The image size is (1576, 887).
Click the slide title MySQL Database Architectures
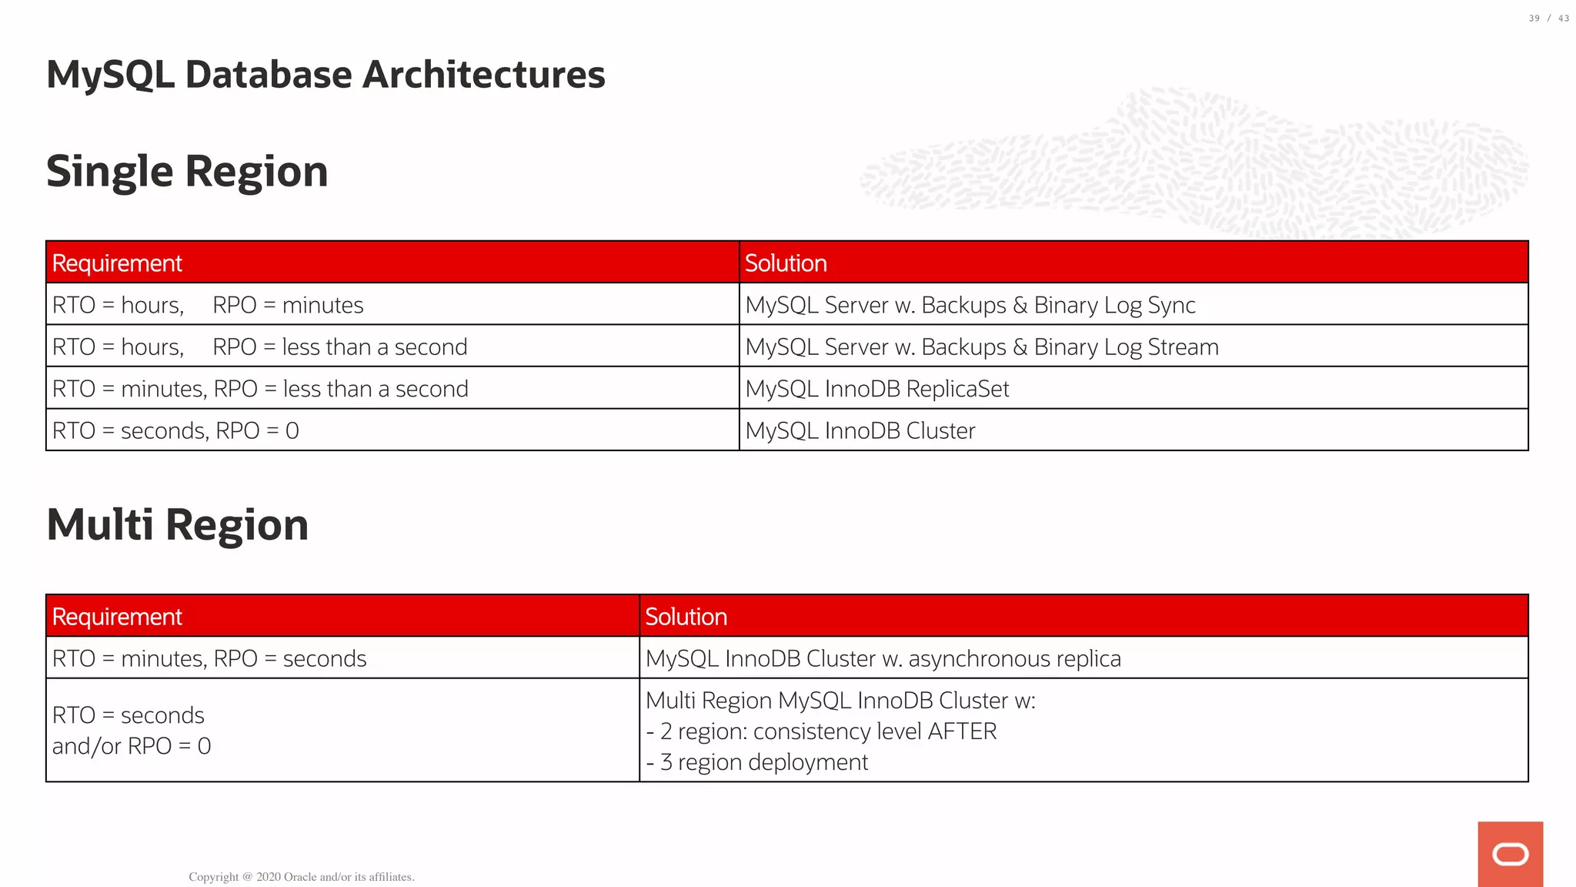326,75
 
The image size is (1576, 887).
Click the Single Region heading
187,171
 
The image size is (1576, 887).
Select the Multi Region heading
177,524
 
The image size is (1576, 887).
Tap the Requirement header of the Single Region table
117,263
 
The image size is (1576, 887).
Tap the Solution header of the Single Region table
786,263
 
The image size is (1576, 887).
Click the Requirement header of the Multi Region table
117,617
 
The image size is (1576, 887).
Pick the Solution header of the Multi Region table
686,617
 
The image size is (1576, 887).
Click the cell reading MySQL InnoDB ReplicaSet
876,389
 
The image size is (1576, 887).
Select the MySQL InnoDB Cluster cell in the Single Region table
860,430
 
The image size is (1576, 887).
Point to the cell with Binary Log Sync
970,305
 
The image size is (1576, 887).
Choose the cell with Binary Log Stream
981,347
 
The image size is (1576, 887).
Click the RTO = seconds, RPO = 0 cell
175,430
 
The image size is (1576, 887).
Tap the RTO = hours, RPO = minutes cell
208,305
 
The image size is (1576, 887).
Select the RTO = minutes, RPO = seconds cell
209,658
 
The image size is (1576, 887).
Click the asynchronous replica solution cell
883,658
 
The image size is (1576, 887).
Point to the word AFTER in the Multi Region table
962,731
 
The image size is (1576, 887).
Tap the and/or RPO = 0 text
132,746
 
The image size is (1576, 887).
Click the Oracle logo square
1510,854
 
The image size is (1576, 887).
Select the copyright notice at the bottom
302,877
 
